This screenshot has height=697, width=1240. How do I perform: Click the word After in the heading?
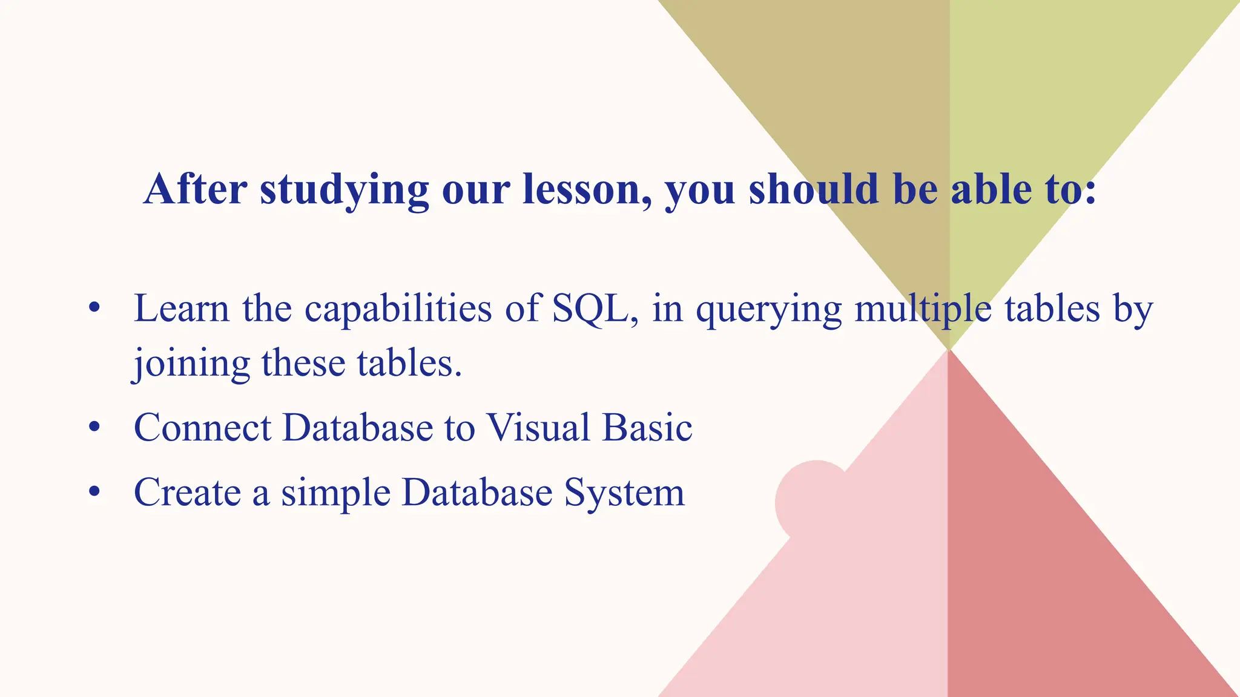click(x=195, y=189)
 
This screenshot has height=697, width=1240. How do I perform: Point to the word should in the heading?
click(x=813, y=189)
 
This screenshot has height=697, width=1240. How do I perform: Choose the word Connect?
click(x=202, y=428)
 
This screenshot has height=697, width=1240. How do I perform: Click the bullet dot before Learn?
click(x=94, y=309)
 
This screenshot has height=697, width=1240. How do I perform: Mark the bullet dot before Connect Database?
click(x=94, y=428)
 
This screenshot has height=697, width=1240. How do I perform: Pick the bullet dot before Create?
click(x=94, y=492)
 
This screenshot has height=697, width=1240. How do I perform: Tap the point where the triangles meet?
click(x=948, y=349)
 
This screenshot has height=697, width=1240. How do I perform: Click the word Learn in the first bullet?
click(x=181, y=309)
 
